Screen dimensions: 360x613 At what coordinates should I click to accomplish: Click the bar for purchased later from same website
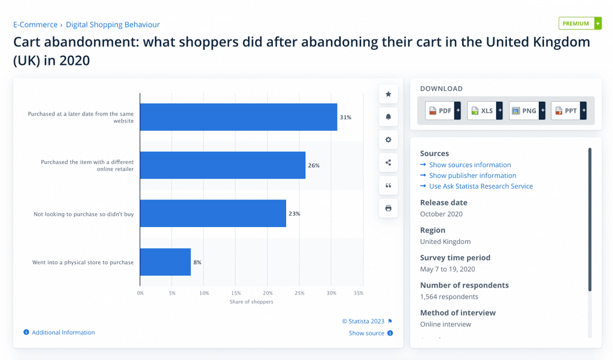coord(238,117)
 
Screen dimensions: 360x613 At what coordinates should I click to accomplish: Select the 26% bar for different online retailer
coord(223,165)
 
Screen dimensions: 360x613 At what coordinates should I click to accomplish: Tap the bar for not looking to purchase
coord(213,214)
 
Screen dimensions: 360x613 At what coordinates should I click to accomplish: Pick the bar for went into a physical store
coord(165,262)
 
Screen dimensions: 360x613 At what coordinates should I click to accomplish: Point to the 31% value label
coord(345,117)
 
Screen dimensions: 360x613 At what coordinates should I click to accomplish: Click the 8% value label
coord(197,262)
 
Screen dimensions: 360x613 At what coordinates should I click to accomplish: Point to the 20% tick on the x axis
coord(268,293)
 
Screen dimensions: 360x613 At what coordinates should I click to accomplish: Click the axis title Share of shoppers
coord(251,302)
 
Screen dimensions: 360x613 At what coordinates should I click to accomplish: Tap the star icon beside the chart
coord(388,94)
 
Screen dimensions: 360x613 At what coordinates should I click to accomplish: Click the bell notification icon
coord(388,117)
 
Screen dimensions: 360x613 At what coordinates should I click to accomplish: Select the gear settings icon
coord(388,140)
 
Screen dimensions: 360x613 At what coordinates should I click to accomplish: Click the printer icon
coord(388,208)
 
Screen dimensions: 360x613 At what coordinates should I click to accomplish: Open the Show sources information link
coord(470,165)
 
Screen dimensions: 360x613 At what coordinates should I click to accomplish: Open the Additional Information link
coord(63,332)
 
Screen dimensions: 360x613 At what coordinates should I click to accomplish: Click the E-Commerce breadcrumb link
coord(35,25)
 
